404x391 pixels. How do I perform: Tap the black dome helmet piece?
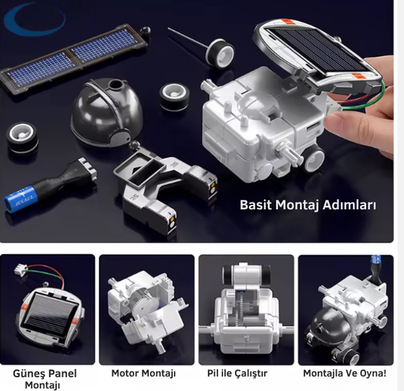coord(107,113)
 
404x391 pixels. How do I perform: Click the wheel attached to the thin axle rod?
coord(221,52)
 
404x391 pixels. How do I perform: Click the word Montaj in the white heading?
coord(298,205)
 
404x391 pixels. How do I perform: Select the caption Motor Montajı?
coord(143,374)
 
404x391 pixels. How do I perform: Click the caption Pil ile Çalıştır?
coord(237,374)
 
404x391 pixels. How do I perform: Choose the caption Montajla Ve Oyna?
coord(344,373)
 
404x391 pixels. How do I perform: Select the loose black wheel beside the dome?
coord(174,97)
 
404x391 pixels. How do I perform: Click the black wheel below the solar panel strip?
coord(23,137)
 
